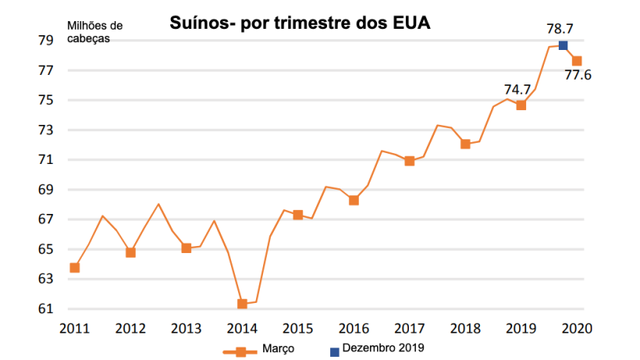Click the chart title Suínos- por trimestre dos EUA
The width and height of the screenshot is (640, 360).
click(x=300, y=24)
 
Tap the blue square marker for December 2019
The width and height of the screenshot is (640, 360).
click(x=563, y=45)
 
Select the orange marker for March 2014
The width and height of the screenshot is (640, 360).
click(x=242, y=304)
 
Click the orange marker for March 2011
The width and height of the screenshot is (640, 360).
click(x=75, y=268)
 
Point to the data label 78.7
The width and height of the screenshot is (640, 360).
click(x=560, y=28)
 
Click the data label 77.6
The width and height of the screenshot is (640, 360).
click(x=578, y=76)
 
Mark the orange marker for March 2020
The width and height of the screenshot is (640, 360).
click(x=577, y=61)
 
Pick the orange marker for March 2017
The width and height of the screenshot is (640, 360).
click(x=409, y=161)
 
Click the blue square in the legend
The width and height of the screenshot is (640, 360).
click(x=335, y=351)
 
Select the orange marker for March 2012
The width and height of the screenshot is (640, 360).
click(x=130, y=252)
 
